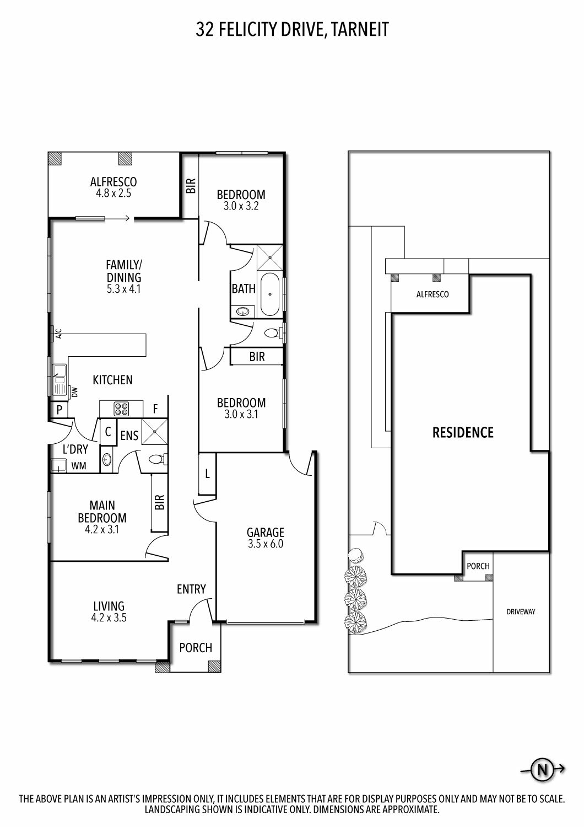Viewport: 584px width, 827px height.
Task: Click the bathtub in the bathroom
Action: click(270, 294)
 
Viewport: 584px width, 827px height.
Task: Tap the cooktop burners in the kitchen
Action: click(121, 409)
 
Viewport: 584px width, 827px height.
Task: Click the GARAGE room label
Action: click(266, 533)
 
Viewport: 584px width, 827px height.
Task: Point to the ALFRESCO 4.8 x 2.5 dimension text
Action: click(113, 194)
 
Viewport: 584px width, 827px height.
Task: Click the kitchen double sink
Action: click(58, 379)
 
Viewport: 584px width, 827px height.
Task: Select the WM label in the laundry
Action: click(79, 466)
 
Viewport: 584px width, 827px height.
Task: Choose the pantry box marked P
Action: click(60, 410)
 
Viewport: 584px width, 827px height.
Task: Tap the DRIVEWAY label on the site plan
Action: click(521, 612)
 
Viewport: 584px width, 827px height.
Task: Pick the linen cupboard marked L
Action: click(207, 474)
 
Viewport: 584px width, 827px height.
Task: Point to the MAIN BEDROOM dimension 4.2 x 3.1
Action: click(102, 529)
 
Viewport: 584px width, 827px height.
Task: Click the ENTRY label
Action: click(191, 589)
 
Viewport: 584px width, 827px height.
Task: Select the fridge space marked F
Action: click(155, 409)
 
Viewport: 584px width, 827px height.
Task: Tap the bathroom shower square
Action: click(269, 257)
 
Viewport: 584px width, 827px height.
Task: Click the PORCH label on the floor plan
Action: click(196, 648)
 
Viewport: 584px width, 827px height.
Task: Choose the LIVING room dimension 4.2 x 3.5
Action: click(109, 617)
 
